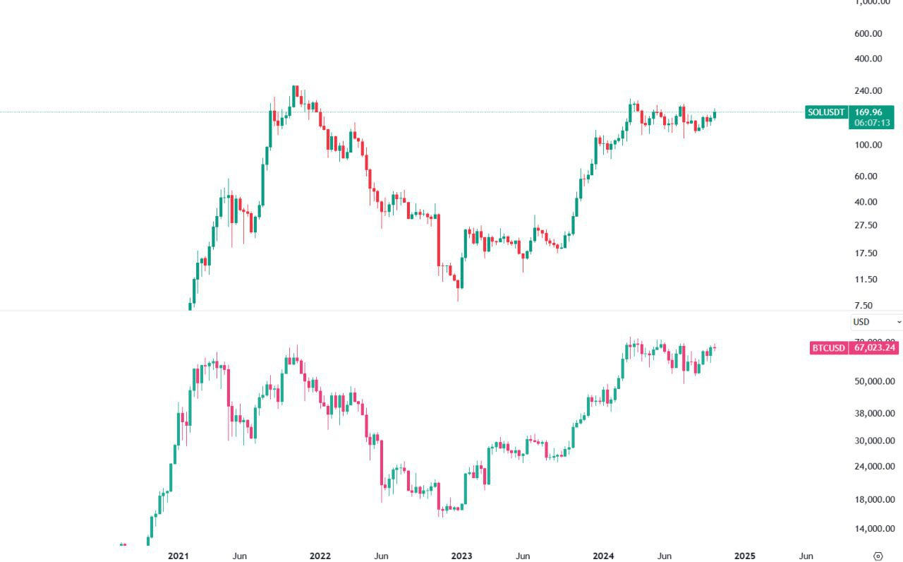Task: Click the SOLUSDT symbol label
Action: click(x=826, y=112)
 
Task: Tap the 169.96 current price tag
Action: click(x=868, y=112)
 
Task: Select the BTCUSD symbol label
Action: click(x=828, y=347)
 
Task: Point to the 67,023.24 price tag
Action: click(x=875, y=347)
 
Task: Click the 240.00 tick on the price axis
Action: click(x=868, y=90)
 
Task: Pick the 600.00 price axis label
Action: click(x=868, y=33)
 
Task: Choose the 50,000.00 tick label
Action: click(x=875, y=381)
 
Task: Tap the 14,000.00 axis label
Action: click(x=875, y=529)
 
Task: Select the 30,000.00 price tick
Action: click(x=875, y=441)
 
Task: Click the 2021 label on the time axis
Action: click(x=178, y=556)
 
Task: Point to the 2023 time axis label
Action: click(x=461, y=556)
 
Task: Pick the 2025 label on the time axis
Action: click(x=744, y=556)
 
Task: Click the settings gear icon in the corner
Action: click(x=878, y=556)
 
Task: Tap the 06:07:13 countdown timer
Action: click(x=873, y=123)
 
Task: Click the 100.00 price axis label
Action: click(x=868, y=145)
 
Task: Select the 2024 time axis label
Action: click(x=603, y=556)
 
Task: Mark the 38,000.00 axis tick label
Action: click(x=875, y=414)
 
